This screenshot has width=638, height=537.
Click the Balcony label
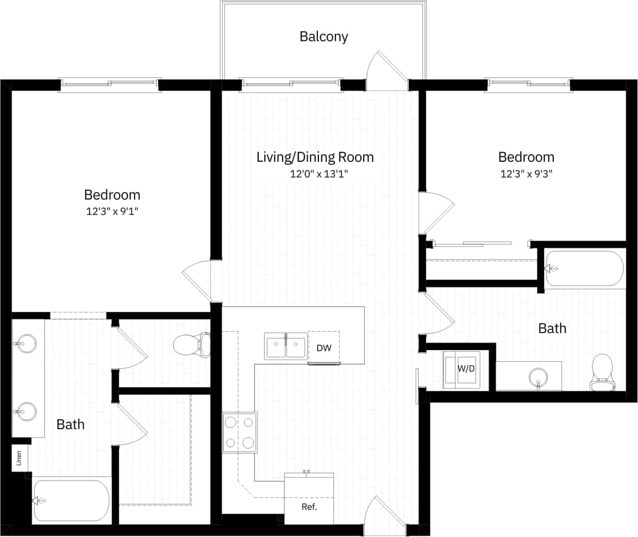[323, 37]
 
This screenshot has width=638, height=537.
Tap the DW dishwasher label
[324, 348]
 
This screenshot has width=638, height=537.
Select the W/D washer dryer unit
[463, 368]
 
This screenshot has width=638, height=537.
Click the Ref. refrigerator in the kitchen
[309, 499]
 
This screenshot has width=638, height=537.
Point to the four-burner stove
[239, 432]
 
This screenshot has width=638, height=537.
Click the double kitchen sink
[286, 347]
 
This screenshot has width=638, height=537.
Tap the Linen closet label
[20, 458]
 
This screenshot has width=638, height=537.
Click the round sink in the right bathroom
[538, 378]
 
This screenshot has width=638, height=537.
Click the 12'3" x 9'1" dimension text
[112, 211]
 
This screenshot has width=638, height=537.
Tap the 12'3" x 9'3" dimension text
[526, 174]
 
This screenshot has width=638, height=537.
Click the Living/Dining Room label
[315, 157]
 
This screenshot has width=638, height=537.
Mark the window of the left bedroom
[109, 84]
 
